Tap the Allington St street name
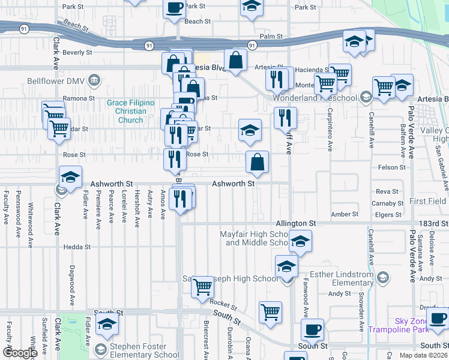click(x=295, y=223)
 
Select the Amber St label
click(x=345, y=214)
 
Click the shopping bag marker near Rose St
click(x=257, y=161)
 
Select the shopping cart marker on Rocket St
click(x=203, y=287)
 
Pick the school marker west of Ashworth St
click(x=70, y=178)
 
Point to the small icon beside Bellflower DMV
click(x=94, y=80)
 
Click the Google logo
click(x=20, y=353)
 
